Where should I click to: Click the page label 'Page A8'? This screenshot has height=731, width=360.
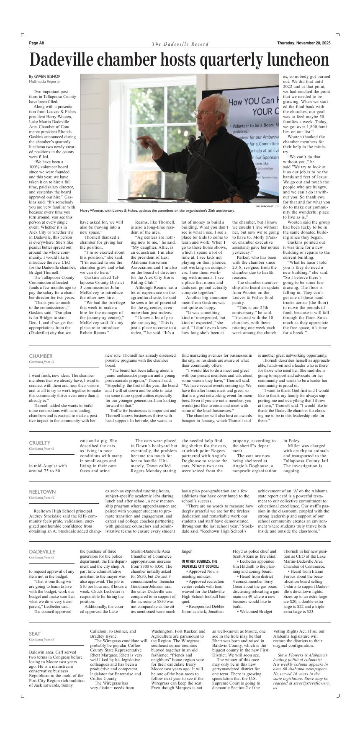pos(36,43)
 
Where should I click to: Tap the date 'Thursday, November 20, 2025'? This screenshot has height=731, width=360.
pos(303,43)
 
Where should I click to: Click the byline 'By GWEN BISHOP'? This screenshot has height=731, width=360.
pos(44,77)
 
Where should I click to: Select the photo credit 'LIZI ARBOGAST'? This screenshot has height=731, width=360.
pos(265,206)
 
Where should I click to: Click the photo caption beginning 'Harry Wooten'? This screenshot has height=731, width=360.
pos(157,211)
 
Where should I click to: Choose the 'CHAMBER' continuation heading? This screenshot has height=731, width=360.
pos(41,356)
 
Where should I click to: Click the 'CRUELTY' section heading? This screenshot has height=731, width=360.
pos(39,443)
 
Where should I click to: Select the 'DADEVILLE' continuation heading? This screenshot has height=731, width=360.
pos(42,552)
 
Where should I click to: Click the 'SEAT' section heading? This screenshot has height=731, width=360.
pos(35,634)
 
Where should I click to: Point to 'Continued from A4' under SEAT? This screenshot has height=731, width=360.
pos(41,640)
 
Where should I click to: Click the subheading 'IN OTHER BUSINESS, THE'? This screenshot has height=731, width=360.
pos(199,561)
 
